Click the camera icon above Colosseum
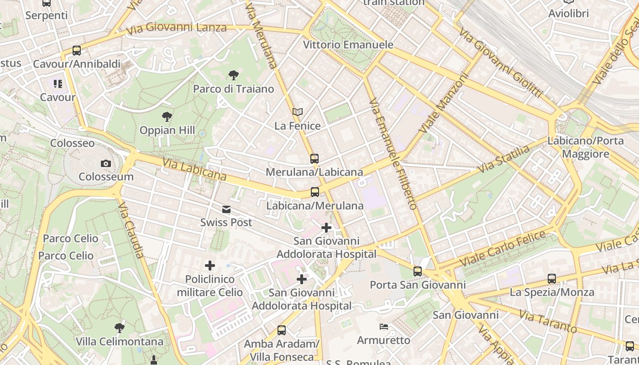(106, 163)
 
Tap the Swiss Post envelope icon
(226, 209)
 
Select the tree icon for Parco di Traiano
(233, 75)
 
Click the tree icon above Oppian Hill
(167, 117)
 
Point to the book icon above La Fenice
(298, 112)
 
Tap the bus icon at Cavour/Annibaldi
(77, 51)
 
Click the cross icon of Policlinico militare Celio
(210, 265)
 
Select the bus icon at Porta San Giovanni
(418, 271)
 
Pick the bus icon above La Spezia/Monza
(552, 278)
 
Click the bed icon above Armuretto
(384, 327)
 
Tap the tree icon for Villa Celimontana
(119, 328)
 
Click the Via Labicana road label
(194, 169)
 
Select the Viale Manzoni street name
(444, 104)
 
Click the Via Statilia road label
(504, 158)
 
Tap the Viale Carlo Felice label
(503, 249)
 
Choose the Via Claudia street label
(131, 230)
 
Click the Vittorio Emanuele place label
(348, 45)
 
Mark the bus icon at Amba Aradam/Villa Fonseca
(282, 330)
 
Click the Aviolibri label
(568, 14)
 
